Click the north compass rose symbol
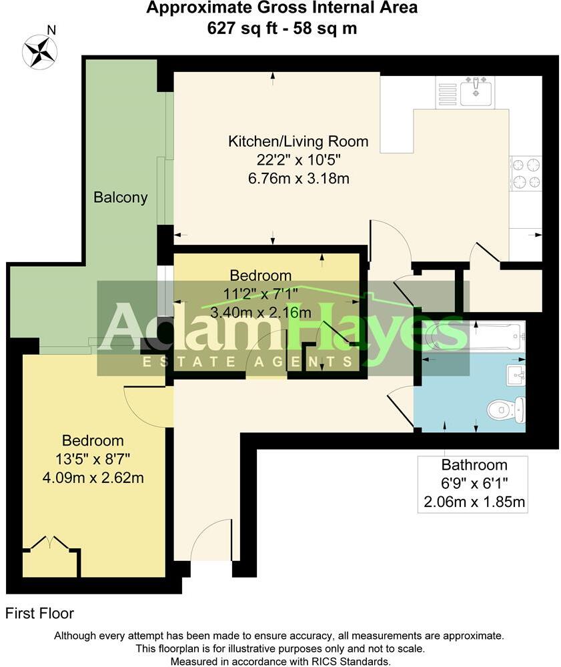[40, 52]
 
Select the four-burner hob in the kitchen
[526, 173]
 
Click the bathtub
[473, 337]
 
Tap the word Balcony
[121, 197]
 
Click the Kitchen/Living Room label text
[298, 141]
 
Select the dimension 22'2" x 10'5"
[298, 160]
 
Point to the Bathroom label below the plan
[474, 466]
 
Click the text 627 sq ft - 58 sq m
[282, 28]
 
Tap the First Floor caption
[39, 614]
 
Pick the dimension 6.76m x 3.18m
[298, 179]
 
